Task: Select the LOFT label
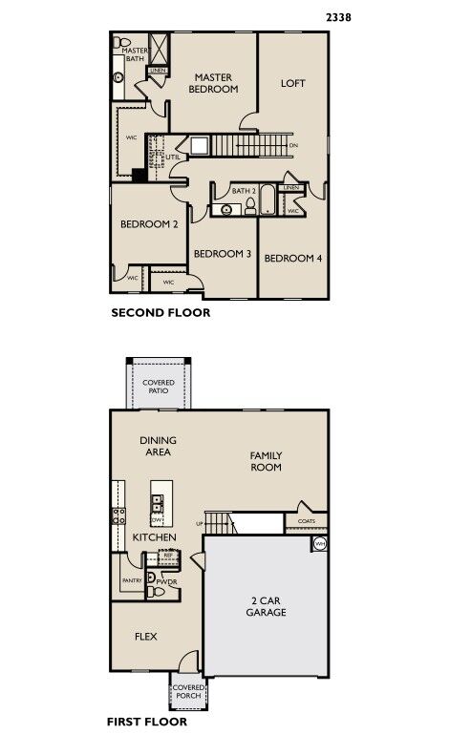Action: coord(292,83)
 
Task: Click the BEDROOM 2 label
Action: coord(149,225)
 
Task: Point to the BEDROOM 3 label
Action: coord(222,255)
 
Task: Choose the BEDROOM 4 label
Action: coord(292,258)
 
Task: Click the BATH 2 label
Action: coord(246,191)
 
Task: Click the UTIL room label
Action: coord(173,157)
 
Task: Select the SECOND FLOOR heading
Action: coord(161,312)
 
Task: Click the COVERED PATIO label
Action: coord(159,387)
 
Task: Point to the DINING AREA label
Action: coord(159,446)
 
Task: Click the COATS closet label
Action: coord(307,521)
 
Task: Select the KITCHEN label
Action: coord(154,538)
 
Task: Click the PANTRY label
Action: coord(131,579)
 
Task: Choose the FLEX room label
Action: coord(145,637)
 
